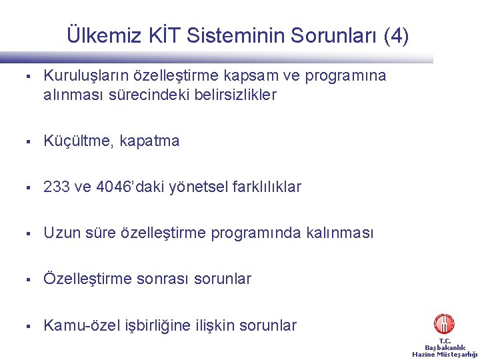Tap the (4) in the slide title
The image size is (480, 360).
(x=394, y=36)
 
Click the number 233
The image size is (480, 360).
(x=57, y=187)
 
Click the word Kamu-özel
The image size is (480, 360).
(x=81, y=326)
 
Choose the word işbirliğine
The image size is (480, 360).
(x=161, y=326)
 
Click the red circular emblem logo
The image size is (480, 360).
(x=444, y=324)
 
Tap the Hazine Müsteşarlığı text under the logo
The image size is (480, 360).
(x=445, y=354)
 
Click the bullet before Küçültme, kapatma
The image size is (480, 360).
(x=29, y=141)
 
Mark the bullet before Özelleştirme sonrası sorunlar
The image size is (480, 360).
(x=29, y=279)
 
